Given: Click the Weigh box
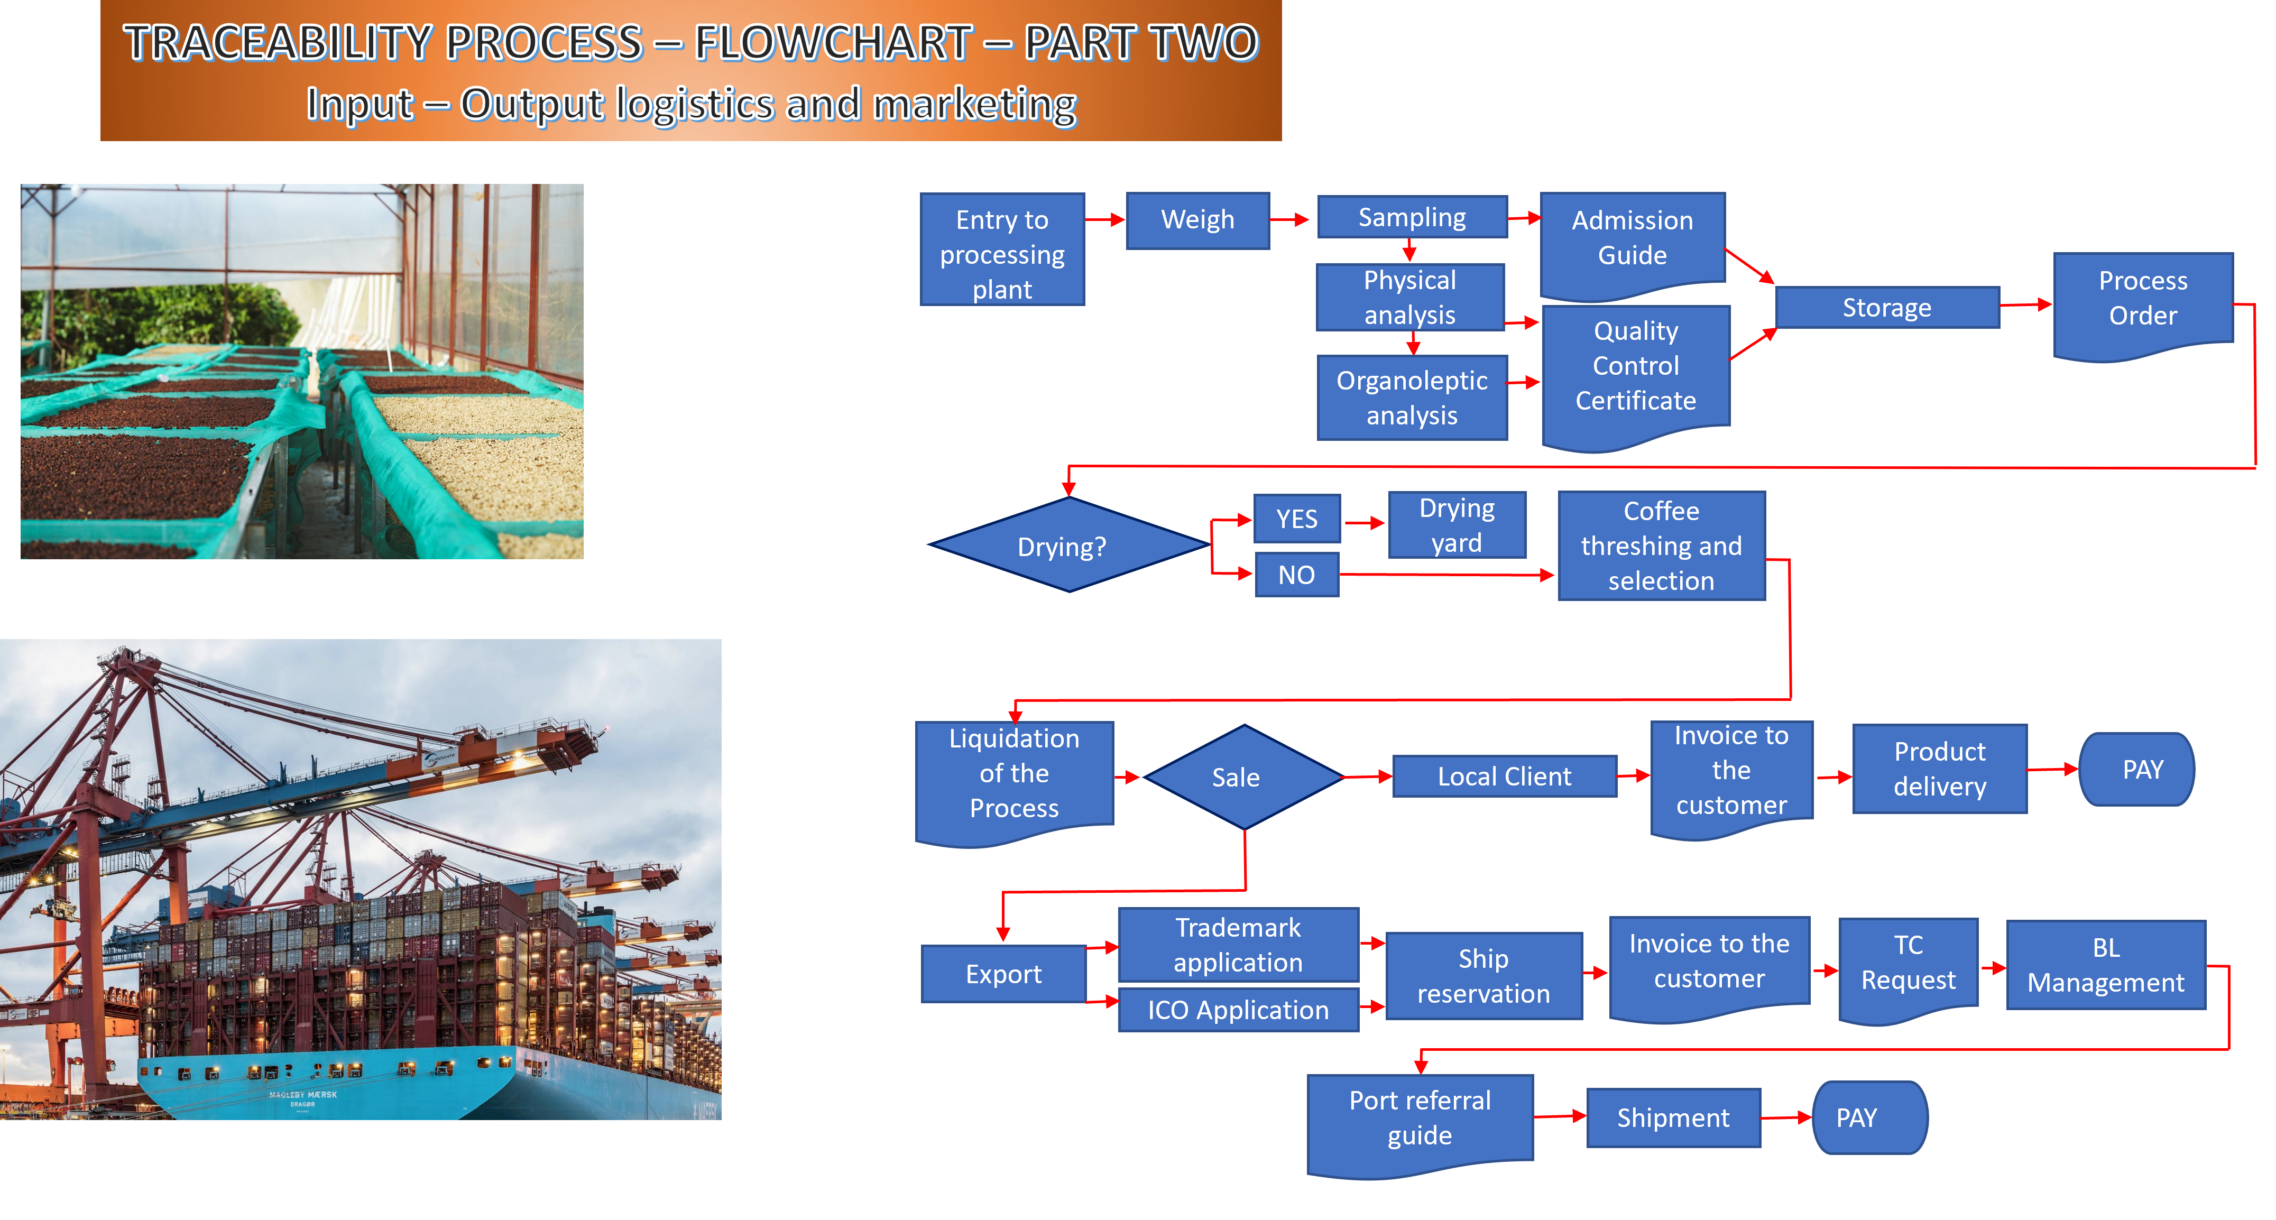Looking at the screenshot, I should pos(1197,220).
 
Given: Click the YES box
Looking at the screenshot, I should pos(1296,519).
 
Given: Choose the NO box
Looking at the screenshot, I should pos(1296,575).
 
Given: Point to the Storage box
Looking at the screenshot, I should pos(1886,308).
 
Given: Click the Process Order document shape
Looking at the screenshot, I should pos(2143,300).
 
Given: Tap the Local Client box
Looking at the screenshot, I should pos(1504,777).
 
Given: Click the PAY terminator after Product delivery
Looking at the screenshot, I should pos(2138,770).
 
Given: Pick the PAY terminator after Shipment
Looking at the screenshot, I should pos(1866,1117).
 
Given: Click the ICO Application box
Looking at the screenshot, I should pos(1238,1010).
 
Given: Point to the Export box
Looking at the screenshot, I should pos(1003,974).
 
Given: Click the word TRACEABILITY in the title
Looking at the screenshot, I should pos(383,42).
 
